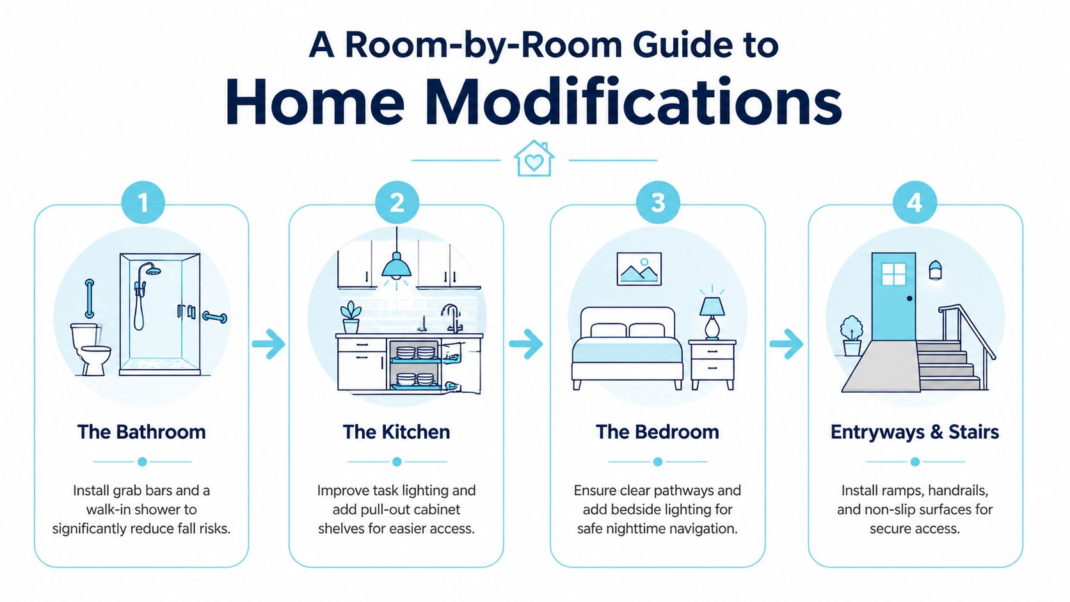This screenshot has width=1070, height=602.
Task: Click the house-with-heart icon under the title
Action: point(534,159)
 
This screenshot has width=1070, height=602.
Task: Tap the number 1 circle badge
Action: point(143,202)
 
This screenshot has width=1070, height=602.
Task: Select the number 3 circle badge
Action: point(658,202)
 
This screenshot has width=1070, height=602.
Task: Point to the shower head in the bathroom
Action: point(152,270)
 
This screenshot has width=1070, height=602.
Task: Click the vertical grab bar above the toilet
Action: point(90,299)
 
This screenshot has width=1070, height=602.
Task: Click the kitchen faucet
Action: point(452,319)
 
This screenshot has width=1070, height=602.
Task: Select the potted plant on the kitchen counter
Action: point(351,317)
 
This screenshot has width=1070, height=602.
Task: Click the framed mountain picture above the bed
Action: point(639,269)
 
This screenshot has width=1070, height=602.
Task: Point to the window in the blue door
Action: point(893,274)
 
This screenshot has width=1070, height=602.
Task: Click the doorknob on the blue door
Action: point(909,298)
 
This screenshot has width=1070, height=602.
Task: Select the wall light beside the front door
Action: point(936,270)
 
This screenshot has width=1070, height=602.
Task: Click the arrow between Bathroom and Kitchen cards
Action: point(268,344)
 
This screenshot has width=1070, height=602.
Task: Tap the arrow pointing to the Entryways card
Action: point(787,344)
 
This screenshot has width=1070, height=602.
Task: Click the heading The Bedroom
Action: point(657,432)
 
